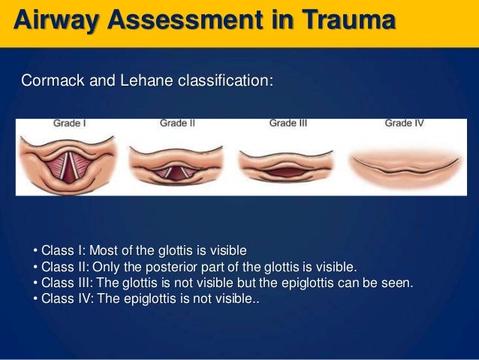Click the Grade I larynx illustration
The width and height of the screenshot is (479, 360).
click(x=69, y=161)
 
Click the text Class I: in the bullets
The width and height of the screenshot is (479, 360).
click(x=66, y=250)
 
